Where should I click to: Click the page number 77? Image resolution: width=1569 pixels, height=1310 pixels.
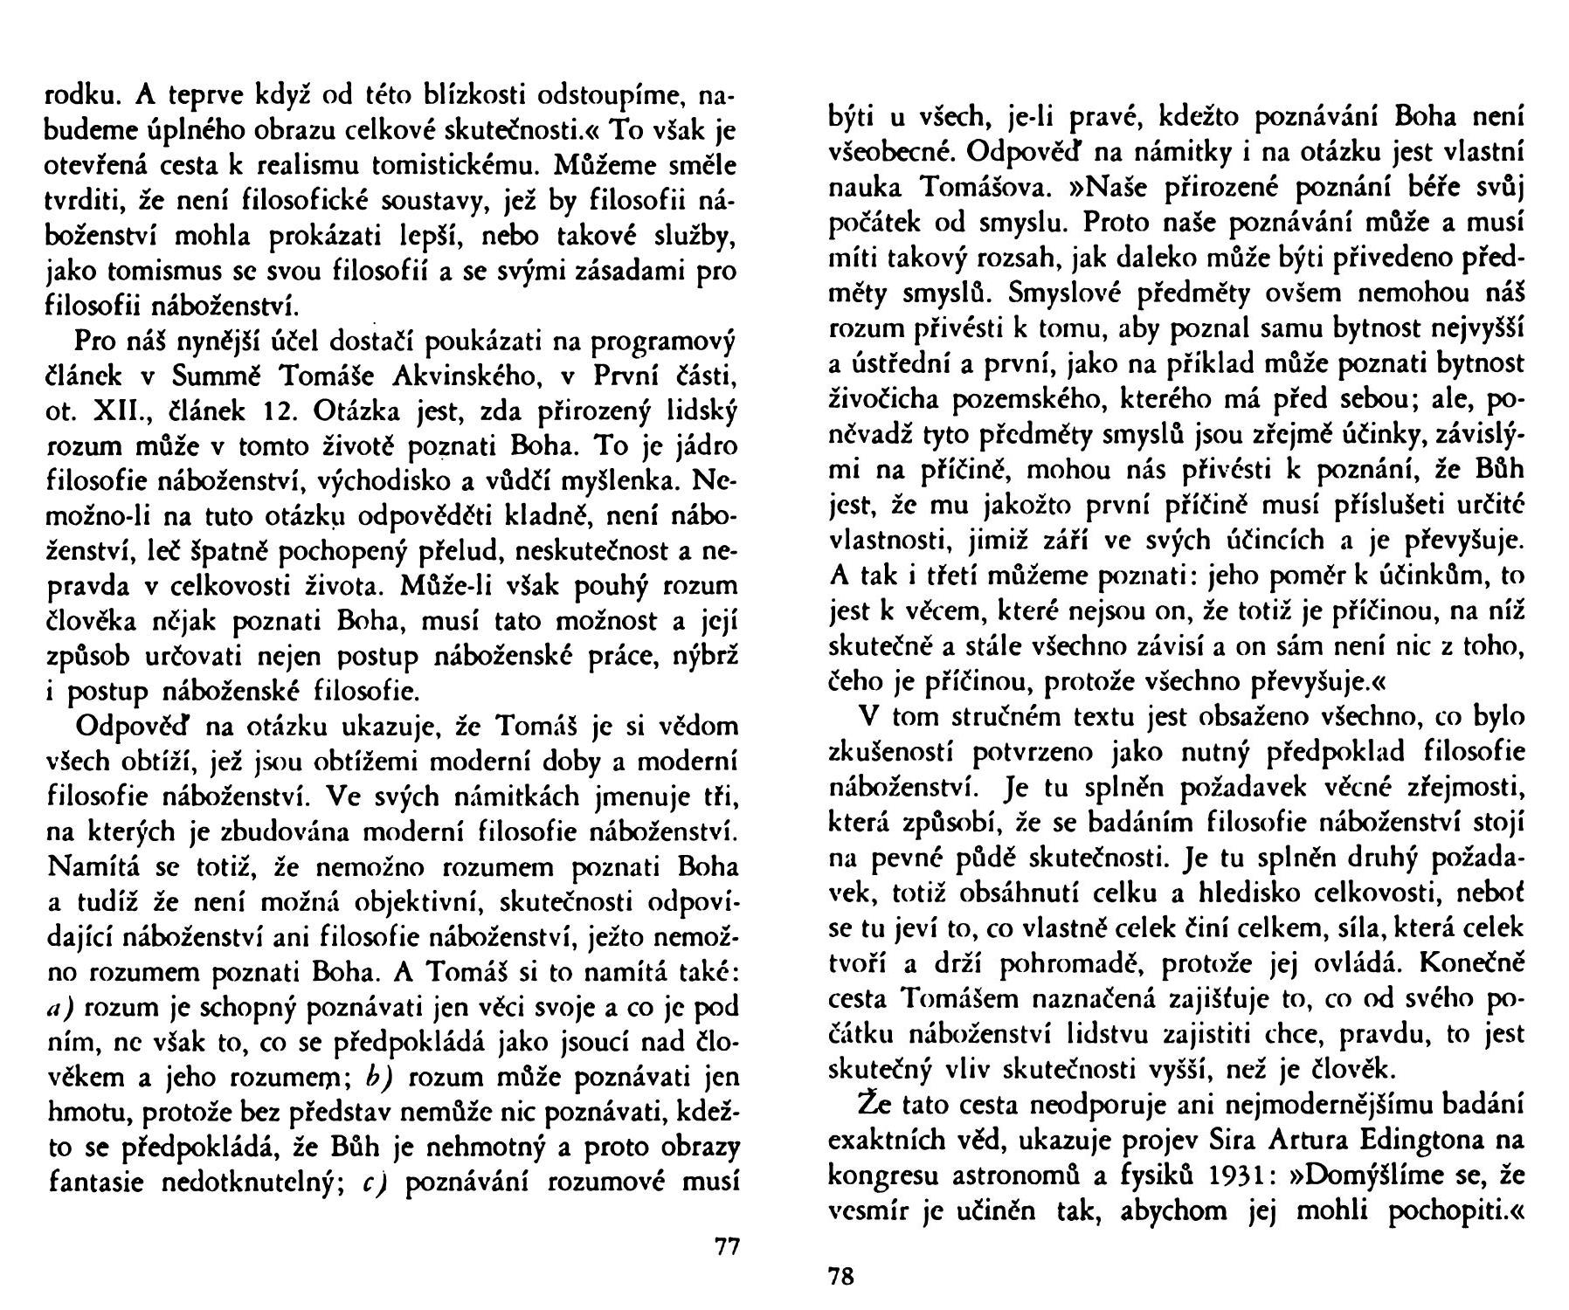[x=727, y=1246]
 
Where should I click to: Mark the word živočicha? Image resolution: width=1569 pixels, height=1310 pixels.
[x=885, y=399]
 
